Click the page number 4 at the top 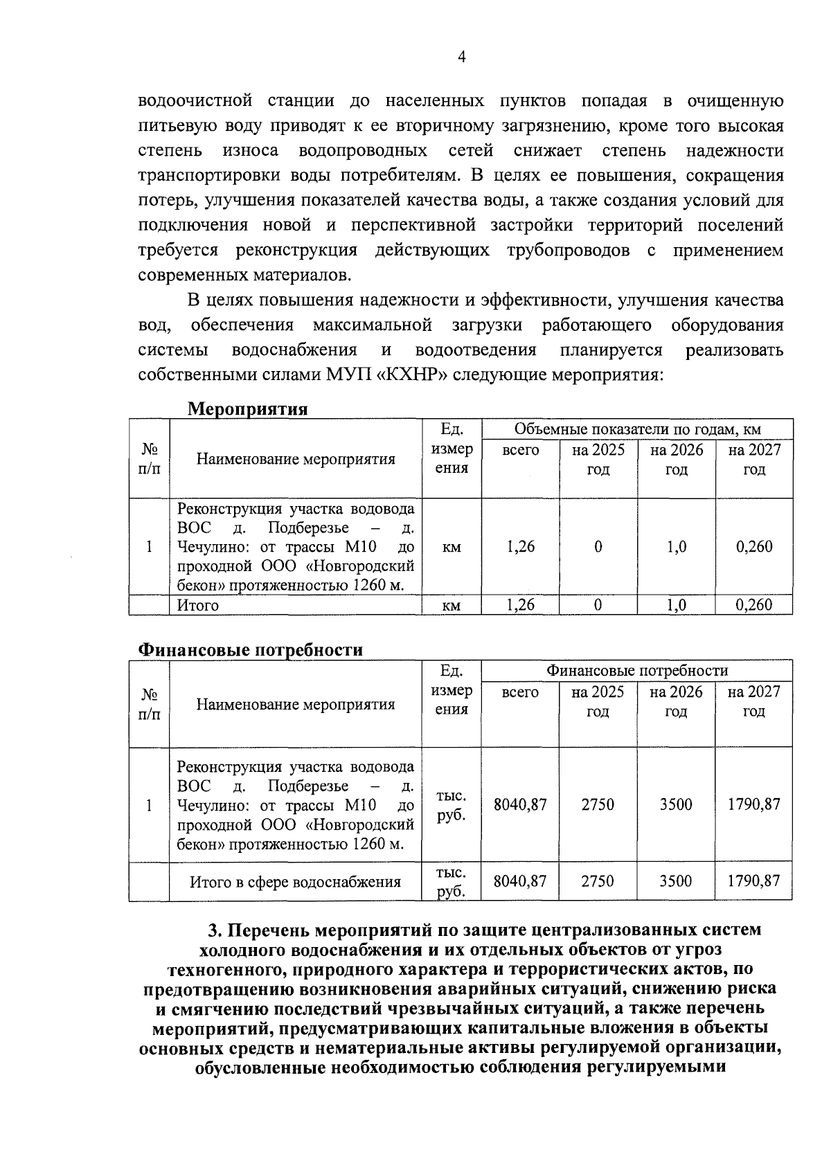click(462, 57)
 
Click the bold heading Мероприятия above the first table click(248, 409)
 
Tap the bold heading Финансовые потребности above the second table click(251, 650)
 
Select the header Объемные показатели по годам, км click(637, 429)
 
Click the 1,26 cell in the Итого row click(520, 605)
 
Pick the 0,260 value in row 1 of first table click(754, 547)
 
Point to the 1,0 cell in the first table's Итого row click(676, 605)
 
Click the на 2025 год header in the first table click(598, 460)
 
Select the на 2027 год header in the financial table click(753, 701)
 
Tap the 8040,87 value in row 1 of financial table click(520, 804)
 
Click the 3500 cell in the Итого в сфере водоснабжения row click(676, 881)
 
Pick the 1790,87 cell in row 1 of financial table click(754, 804)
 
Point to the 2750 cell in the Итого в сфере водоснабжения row click(598, 881)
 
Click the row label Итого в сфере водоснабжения click(296, 882)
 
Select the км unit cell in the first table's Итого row click(452, 606)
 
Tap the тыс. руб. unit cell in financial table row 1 click(452, 805)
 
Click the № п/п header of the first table click(149, 459)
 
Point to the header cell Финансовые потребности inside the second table click(637, 671)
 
